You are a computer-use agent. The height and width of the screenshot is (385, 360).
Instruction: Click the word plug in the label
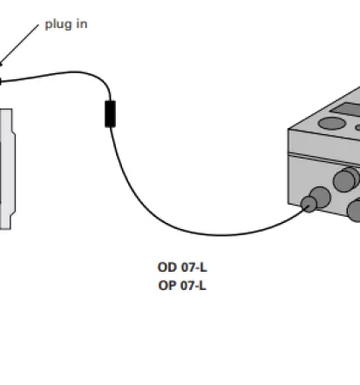[58, 24]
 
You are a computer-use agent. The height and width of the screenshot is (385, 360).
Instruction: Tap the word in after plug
[82, 24]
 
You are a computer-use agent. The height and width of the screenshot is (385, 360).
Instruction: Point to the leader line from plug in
[19, 44]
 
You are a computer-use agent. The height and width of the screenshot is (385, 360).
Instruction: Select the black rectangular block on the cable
[110, 114]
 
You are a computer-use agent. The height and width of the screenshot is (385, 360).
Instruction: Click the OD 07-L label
[182, 267]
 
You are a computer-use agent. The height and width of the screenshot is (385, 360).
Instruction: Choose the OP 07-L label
[182, 286]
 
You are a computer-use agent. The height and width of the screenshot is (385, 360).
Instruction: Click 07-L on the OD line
[194, 267]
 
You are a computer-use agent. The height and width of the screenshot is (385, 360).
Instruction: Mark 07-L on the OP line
[194, 286]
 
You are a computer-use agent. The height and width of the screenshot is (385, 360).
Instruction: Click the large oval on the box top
[332, 123]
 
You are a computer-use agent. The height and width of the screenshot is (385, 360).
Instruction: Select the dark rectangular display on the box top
[347, 110]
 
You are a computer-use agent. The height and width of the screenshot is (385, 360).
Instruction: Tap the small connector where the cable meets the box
[309, 204]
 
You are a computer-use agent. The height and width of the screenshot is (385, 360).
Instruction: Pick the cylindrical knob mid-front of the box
[346, 179]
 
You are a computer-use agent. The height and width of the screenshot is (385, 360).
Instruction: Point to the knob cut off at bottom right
[355, 210]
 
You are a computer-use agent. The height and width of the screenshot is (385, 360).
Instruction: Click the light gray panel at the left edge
[7, 169]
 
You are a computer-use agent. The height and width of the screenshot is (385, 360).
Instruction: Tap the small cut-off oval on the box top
[357, 127]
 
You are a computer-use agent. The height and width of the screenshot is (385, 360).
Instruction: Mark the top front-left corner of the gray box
[289, 129]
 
